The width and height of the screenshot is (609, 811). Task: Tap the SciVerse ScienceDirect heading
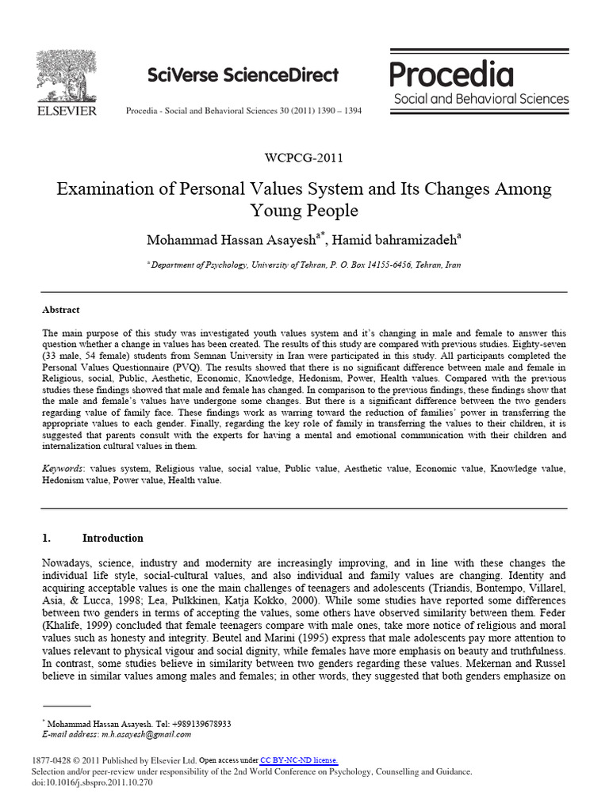[x=243, y=75]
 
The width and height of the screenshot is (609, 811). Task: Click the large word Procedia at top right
[x=452, y=75]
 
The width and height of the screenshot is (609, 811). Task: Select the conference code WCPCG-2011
[x=304, y=158]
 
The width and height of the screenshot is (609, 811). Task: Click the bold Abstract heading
[x=61, y=310]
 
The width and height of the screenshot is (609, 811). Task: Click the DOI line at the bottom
[x=91, y=782]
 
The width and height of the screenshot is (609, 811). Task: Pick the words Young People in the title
[x=304, y=211]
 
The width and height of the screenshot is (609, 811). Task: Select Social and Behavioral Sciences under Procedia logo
[x=481, y=99]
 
